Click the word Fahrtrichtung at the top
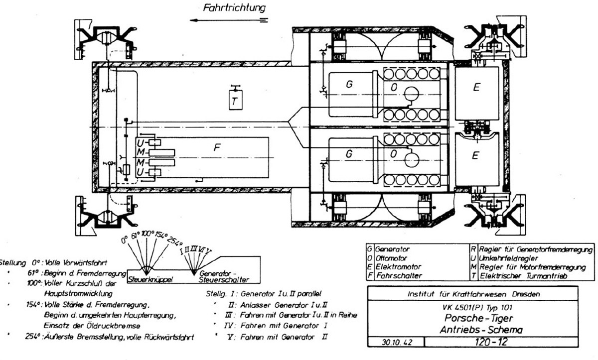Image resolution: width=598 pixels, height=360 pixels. click(234, 7)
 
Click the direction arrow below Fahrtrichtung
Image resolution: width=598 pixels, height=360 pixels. click(229, 20)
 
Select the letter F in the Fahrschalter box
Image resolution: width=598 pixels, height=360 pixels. click(216, 148)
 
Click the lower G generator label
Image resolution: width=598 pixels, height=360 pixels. click(349, 155)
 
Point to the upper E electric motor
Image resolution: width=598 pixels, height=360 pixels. click(476, 88)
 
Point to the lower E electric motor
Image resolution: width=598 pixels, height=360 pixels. click(476, 155)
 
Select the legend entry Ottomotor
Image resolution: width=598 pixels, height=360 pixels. click(391, 258)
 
